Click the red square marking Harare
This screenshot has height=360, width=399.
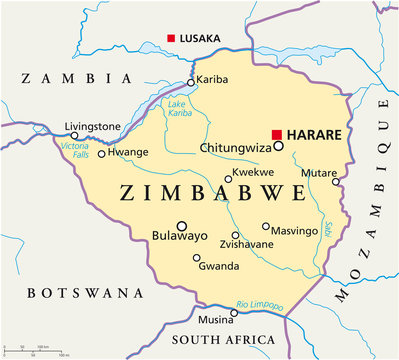[277, 133]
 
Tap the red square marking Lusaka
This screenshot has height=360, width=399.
[171, 39]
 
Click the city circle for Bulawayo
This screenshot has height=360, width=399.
[182, 226]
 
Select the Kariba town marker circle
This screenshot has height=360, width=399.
[191, 84]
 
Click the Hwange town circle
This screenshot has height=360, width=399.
[101, 154]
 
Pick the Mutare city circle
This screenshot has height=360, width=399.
[336, 182]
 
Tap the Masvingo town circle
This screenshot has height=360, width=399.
[266, 227]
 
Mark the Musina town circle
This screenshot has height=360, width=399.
[234, 312]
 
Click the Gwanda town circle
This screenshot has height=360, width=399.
[196, 258]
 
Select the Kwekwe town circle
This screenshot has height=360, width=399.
[228, 181]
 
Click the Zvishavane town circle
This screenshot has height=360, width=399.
[236, 235]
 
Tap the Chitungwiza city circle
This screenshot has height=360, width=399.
[279, 146]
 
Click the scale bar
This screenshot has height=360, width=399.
[36, 351]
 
